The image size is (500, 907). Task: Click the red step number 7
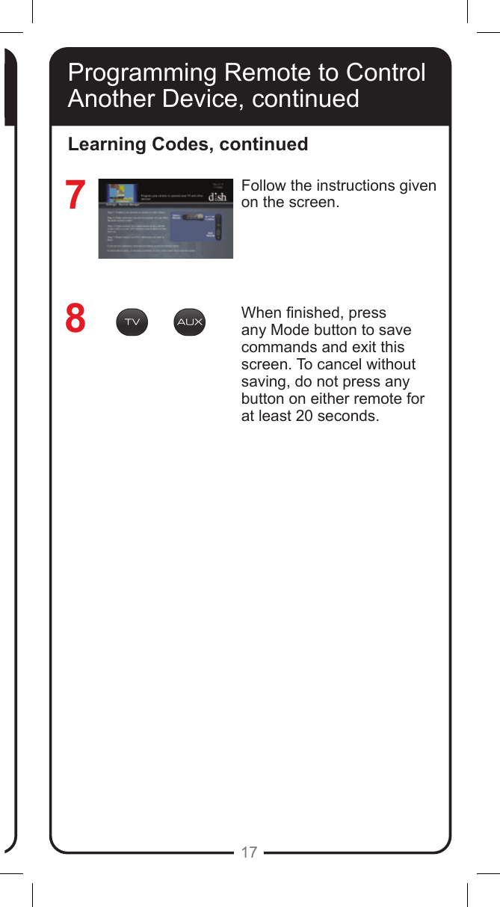point(75,196)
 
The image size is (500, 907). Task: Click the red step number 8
point(75,319)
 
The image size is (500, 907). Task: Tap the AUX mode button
point(189,322)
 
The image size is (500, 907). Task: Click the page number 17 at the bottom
point(249,852)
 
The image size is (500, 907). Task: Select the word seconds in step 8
point(348,416)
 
